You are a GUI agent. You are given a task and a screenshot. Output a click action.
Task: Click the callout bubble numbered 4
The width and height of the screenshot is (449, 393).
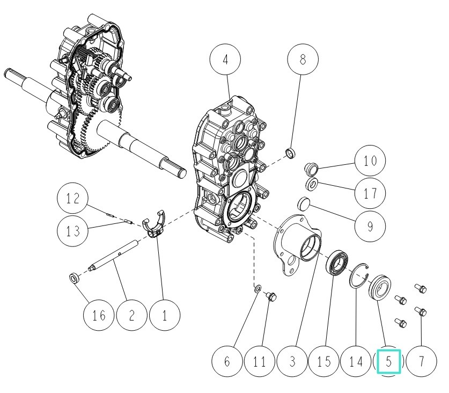click(226, 60)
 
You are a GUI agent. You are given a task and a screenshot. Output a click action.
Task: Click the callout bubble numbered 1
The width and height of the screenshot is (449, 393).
click(165, 315)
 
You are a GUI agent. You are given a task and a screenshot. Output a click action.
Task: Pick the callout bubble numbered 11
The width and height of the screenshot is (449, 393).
click(260, 361)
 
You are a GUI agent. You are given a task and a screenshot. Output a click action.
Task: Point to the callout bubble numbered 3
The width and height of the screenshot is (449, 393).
click(292, 361)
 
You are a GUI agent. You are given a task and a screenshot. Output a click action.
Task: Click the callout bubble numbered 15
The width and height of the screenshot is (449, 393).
click(325, 361)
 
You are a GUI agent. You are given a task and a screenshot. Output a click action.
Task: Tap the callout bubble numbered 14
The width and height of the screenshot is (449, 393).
click(357, 361)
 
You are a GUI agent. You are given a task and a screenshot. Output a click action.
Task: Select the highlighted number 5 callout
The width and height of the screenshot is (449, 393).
click(389, 361)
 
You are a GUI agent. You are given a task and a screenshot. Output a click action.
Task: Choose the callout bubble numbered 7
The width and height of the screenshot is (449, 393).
click(422, 361)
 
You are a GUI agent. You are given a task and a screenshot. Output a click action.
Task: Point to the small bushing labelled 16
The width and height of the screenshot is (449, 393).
click(74, 279)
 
